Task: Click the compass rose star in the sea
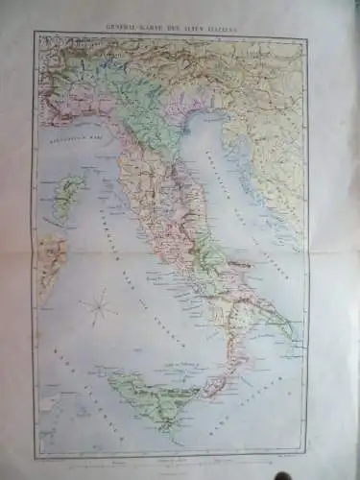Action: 95,308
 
